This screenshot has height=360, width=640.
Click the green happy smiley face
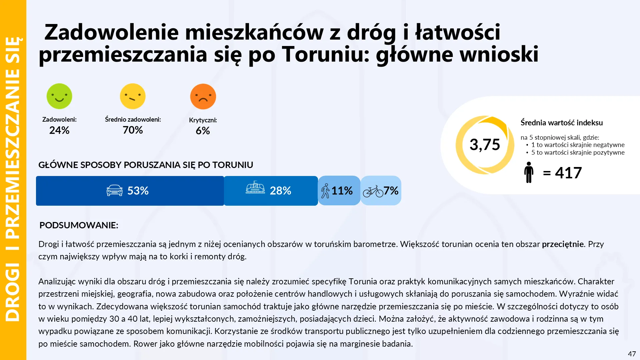59,96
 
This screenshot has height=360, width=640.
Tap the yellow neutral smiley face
133,96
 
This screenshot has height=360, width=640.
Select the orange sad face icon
203,97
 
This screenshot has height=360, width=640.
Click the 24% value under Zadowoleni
59,130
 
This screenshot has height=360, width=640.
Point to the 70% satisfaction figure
133,130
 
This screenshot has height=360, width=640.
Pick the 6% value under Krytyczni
203,131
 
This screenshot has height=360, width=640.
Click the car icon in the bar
114,190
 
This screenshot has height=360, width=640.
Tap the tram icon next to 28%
255,188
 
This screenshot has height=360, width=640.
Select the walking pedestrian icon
325,191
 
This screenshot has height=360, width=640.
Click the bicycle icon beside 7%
373,191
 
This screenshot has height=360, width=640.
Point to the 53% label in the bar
138,191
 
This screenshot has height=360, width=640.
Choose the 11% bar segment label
342,191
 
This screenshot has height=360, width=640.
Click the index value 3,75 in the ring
485,145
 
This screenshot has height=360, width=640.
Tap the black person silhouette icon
529,172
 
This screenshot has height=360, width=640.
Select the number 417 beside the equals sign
568,173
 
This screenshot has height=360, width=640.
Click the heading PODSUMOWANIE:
79,225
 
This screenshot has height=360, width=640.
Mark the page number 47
632,354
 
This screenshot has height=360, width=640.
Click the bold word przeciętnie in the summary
563,244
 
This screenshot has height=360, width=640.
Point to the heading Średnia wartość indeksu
562,123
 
